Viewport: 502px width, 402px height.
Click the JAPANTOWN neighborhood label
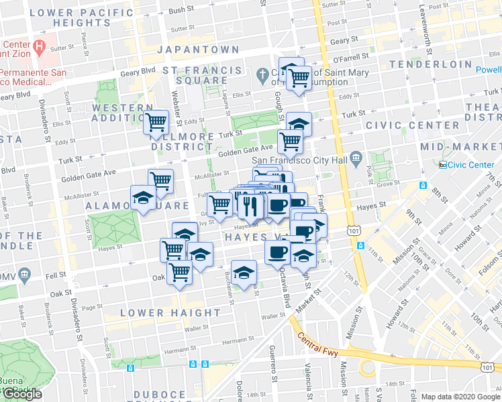click(x=198, y=50)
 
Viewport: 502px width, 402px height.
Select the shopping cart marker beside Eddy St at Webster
click(x=156, y=122)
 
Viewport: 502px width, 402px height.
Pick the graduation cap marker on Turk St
click(x=299, y=123)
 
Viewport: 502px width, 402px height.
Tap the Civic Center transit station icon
click(x=442, y=165)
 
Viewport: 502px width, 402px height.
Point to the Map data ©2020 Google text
click(x=460, y=397)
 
